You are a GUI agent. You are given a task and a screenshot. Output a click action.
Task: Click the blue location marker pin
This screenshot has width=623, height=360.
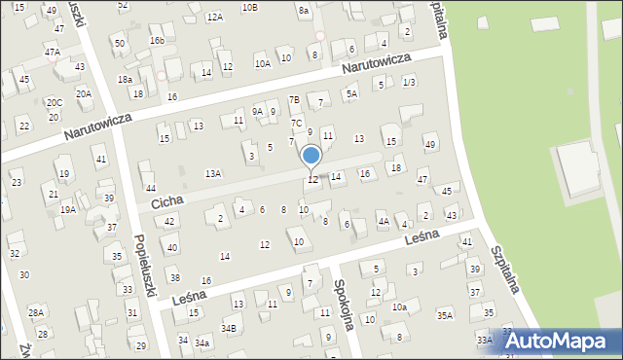(x=311, y=157)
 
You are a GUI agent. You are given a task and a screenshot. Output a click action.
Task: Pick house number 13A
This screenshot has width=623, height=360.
(x=213, y=173)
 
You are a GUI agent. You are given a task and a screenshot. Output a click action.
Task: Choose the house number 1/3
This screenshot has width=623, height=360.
(x=410, y=82)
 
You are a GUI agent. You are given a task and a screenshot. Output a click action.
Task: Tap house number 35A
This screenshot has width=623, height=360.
(x=445, y=315)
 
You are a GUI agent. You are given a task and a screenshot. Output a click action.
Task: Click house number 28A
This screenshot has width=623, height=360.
(x=36, y=312)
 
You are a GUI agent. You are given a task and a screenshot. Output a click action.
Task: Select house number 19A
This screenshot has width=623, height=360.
(x=68, y=209)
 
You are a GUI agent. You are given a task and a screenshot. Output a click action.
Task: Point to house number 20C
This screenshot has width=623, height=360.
(x=55, y=102)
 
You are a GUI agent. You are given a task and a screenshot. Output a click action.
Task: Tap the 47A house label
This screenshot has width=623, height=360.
(x=52, y=52)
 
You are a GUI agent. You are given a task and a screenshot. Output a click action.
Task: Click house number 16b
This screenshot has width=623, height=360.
(x=157, y=40)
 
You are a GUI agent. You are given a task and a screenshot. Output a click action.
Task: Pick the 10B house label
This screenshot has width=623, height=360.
(x=250, y=8)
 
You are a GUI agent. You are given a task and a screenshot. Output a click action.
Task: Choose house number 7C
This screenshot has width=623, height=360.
(x=296, y=123)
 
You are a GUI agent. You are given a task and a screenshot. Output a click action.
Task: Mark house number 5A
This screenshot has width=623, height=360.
(x=351, y=93)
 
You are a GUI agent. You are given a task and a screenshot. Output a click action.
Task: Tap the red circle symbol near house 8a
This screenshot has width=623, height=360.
(x=320, y=36)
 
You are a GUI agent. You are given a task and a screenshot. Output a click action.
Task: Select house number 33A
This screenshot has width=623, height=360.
(x=485, y=339)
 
